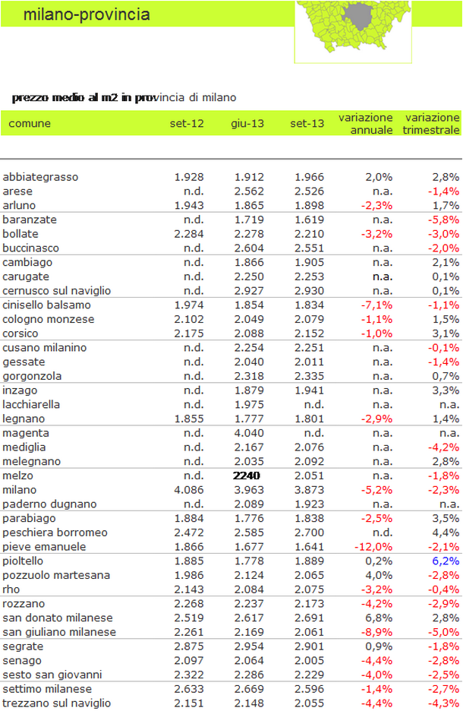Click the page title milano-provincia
point(87,14)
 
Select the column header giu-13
point(247,123)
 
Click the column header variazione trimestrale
point(431,123)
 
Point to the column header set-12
point(187,123)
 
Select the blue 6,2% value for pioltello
point(446,561)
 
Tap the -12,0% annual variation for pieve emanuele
point(373,547)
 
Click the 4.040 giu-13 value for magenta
point(249,433)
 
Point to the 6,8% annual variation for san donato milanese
point(380,618)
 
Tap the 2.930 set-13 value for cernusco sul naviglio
point(309,291)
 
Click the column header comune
point(30,123)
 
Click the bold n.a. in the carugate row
point(383,276)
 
